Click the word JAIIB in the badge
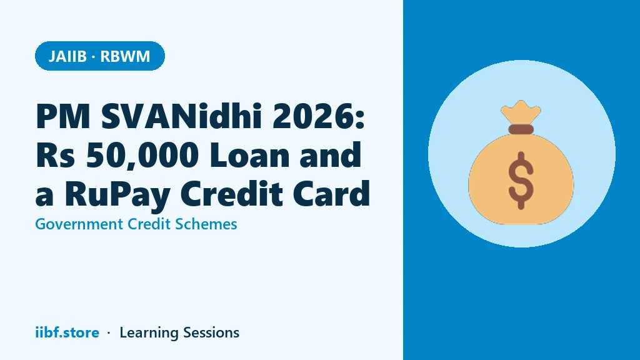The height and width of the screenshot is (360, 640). click(67, 56)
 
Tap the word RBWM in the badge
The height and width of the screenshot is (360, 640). click(125, 56)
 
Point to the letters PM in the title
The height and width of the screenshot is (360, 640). click(63, 117)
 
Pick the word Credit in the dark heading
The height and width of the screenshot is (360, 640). click(231, 194)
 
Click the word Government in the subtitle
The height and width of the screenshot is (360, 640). click(79, 224)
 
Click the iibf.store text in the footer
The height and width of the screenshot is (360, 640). click(67, 332)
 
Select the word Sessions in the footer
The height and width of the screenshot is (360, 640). click(211, 332)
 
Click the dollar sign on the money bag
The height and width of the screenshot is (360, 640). click(521, 181)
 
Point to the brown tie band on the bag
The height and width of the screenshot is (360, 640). click(521, 129)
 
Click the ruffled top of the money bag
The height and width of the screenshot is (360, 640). click(521, 112)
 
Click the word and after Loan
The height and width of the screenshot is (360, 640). click(330, 155)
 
